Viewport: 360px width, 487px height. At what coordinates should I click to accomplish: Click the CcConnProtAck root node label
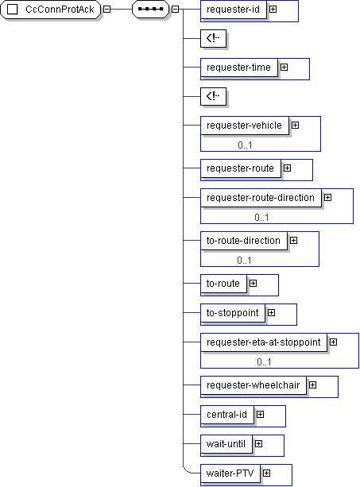pos(60,10)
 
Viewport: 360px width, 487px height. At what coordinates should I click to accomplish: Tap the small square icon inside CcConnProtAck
pos(13,10)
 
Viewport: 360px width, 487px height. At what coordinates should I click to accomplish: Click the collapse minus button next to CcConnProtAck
pos(106,10)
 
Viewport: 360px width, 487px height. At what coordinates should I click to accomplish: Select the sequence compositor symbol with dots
pos(151,10)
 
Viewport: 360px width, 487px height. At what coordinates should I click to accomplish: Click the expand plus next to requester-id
pos(273,10)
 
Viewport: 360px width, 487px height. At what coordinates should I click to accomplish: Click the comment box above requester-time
pos(214,38)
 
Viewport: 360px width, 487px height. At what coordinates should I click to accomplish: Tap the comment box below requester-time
pos(214,97)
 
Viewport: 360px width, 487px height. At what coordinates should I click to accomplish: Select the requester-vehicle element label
pos(244,126)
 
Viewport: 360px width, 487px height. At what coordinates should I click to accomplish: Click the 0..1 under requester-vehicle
pos(245,145)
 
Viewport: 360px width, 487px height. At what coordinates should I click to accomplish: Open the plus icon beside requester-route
pos(288,168)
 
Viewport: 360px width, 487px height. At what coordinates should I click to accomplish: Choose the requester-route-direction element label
pos(261,198)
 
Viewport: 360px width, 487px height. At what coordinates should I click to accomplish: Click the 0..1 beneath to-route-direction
pos(244,261)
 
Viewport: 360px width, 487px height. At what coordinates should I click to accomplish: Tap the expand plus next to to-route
pos(254,284)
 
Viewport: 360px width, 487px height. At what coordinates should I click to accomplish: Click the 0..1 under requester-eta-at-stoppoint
pos(264,361)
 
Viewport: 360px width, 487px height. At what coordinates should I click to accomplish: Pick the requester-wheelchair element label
pos(254,385)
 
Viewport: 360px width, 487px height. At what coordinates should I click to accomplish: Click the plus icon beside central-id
pos(261,415)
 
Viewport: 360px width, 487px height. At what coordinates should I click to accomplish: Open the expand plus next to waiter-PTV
pos(266,473)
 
